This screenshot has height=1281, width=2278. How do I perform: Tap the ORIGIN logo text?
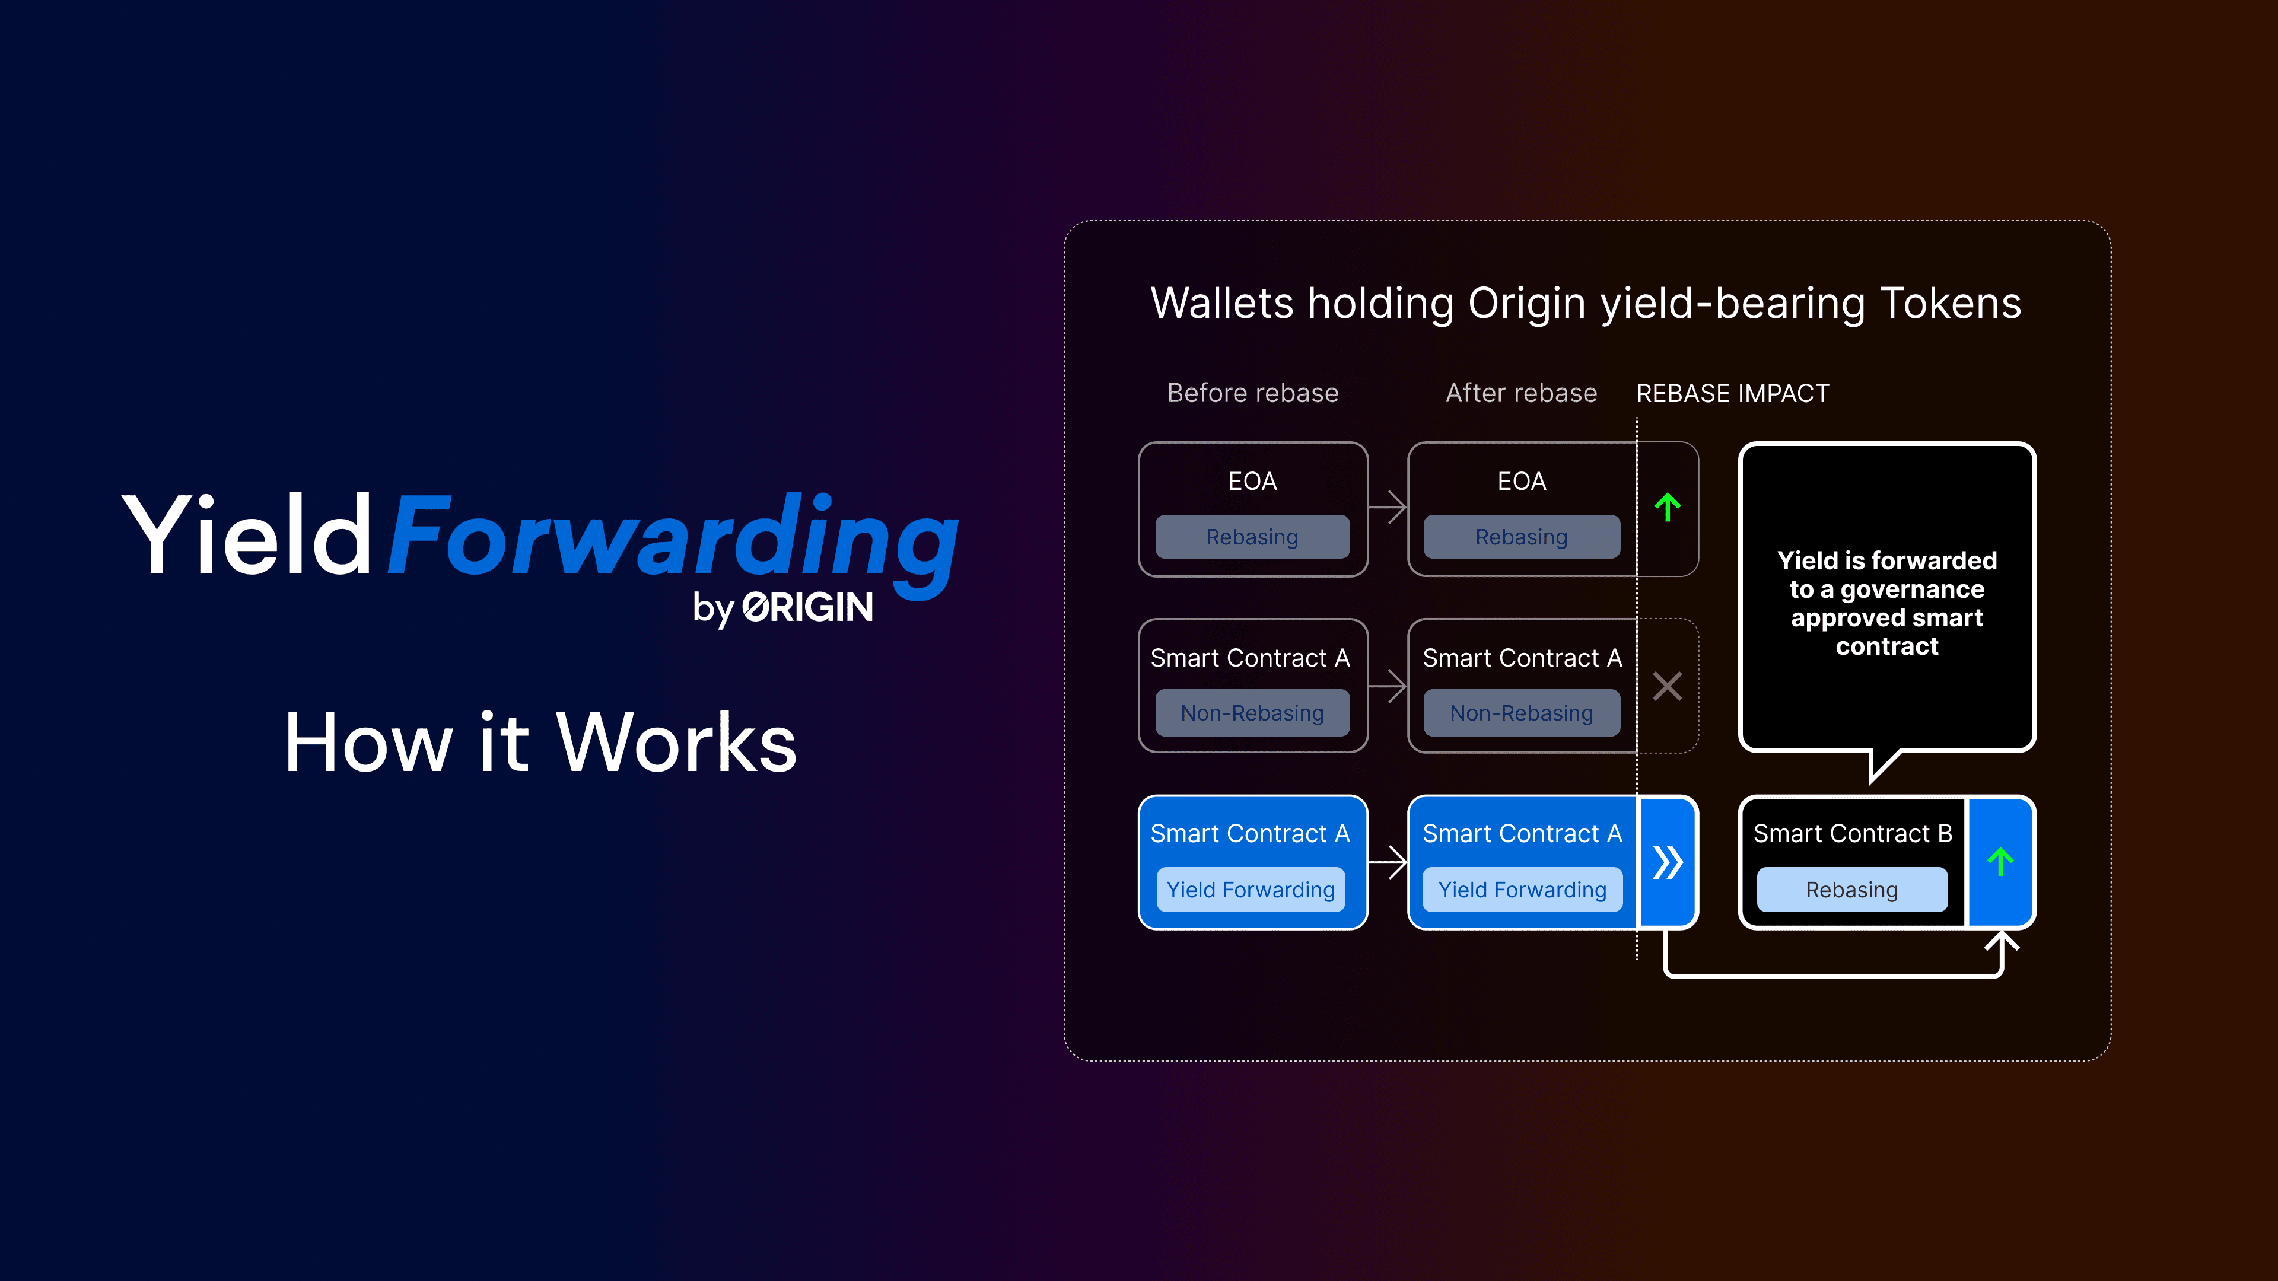coord(807,607)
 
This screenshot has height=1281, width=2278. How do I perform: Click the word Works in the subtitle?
coord(676,743)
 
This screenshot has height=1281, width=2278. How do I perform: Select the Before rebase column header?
coord(1252,393)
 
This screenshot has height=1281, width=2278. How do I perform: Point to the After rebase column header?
coord(1521,393)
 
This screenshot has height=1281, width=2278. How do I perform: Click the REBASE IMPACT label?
coord(1732,393)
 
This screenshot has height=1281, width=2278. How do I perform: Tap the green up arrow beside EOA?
coord(1667,508)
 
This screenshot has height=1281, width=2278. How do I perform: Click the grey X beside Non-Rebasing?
coord(1667,686)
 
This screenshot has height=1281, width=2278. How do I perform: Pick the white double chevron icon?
coord(1667,862)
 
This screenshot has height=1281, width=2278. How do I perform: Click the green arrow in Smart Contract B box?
coord(2000,862)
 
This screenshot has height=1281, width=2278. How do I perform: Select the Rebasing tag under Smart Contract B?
coord(1851,890)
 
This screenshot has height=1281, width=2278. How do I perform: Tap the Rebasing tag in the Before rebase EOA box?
coord(1252,537)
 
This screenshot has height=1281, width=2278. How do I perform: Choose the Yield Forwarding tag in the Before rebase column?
coord(1251,890)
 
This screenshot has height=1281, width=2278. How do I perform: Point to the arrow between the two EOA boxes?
coord(1388,508)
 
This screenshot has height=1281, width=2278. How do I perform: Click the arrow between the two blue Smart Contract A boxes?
coord(1388,862)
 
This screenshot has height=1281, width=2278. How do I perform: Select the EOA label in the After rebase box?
coord(1521,482)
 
